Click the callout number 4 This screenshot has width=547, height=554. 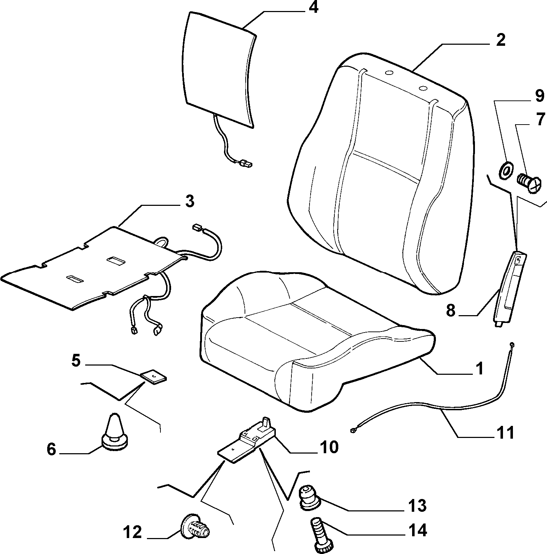[313, 7]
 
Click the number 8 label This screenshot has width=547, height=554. [450, 311]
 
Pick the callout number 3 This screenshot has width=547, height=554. [190, 201]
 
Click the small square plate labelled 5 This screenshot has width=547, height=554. [153, 377]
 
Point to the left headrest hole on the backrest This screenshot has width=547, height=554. [389, 73]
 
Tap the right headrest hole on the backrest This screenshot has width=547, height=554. [422, 88]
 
